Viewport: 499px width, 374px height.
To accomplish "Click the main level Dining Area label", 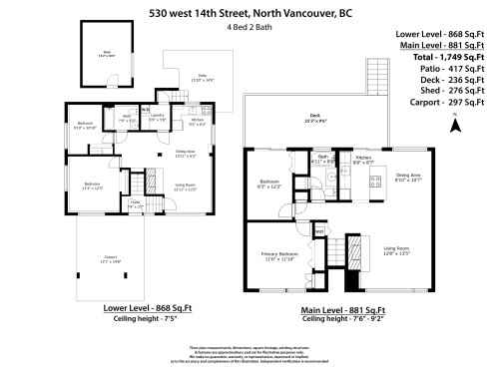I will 409,176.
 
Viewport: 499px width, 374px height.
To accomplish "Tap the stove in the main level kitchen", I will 378,182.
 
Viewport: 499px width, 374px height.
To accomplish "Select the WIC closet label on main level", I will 320,231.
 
